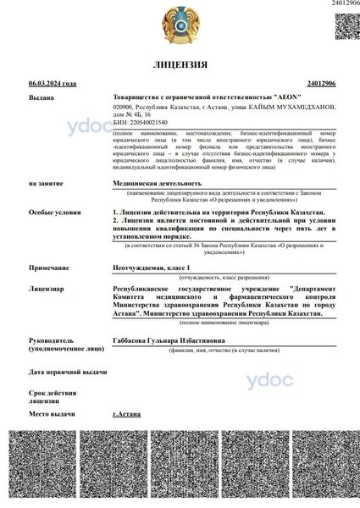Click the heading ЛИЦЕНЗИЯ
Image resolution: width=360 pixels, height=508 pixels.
click(180, 64)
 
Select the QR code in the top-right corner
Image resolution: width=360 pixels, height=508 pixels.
click(347, 25)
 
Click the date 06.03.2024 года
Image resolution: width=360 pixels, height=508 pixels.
click(52, 84)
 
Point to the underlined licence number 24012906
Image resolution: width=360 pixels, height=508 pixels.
click(321, 84)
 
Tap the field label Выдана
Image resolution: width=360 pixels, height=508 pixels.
click(41, 98)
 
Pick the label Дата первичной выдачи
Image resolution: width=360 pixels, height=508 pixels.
click(68, 372)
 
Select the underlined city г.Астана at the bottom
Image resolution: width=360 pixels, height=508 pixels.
click(127, 413)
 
